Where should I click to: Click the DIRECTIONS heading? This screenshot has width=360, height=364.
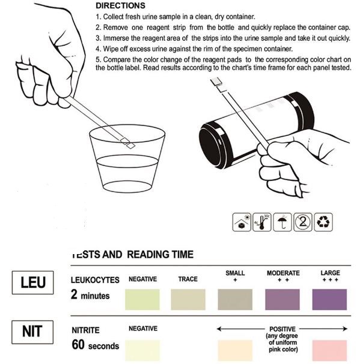[x=120, y=5]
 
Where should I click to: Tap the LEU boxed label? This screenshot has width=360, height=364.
[x=32, y=282]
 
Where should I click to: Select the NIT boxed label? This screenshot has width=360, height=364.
[x=32, y=332]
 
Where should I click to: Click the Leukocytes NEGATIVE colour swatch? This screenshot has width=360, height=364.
[x=142, y=300]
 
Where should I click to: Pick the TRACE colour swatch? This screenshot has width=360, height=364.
[x=188, y=300]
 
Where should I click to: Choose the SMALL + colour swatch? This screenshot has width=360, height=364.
[x=235, y=300]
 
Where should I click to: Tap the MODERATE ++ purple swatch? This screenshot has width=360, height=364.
[x=282, y=300]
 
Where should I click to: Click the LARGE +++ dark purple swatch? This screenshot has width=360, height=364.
[x=329, y=300]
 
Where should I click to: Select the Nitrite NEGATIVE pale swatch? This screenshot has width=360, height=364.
[x=142, y=351]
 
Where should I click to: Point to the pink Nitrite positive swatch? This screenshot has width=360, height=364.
[x=329, y=351]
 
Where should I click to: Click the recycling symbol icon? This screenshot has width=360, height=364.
[x=323, y=222]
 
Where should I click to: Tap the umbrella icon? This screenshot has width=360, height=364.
[x=282, y=222]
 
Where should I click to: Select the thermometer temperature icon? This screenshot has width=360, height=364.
[x=262, y=222]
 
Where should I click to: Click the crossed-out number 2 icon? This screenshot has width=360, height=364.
[x=303, y=222]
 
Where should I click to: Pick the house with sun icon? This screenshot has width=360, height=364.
[x=242, y=222]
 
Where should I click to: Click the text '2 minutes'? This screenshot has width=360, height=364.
[x=90, y=295]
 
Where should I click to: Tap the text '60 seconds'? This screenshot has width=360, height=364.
[x=95, y=345]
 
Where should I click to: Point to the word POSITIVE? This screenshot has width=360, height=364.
[x=282, y=329]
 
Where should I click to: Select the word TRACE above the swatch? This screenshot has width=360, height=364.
[x=188, y=279]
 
